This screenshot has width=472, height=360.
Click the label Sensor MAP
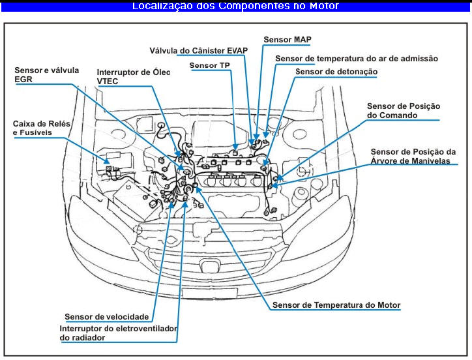tap(287, 40)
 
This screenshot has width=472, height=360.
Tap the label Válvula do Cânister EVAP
tap(198, 50)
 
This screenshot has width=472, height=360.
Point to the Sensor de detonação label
tap(336, 72)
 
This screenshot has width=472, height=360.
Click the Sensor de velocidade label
tap(106, 317)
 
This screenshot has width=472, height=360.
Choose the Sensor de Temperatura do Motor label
tap(336, 305)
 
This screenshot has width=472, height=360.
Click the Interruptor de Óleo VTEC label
tap(133, 77)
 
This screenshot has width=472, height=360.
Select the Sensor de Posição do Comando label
tap(404, 110)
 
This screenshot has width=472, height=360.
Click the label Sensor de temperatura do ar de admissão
tap(356, 59)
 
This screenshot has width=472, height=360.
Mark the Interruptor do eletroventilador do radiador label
tap(118, 333)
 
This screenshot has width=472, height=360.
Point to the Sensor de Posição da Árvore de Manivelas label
tap(413, 156)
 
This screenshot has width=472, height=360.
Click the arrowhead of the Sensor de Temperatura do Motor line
tap(198, 190)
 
